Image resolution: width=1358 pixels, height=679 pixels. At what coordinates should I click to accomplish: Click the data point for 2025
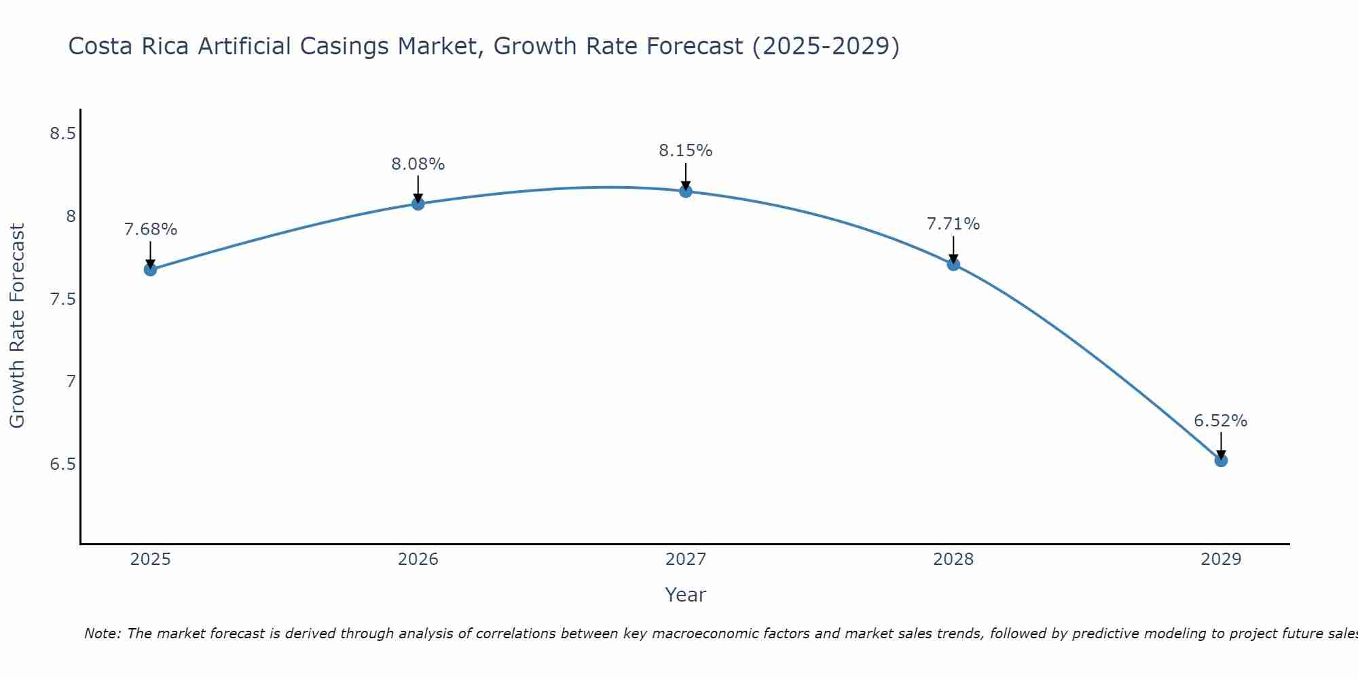coord(150,270)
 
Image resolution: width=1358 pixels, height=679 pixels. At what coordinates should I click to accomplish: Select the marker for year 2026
coord(418,204)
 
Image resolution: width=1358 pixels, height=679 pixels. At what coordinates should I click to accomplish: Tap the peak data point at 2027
coord(686,191)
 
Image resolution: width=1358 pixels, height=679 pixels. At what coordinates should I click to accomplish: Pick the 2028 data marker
coord(953,264)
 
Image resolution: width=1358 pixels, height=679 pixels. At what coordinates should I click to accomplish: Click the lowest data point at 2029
coord(1221,460)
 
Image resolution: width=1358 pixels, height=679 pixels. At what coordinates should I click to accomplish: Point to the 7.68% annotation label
coord(150,230)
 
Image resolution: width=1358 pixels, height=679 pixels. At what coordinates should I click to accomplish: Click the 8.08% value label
coord(418,164)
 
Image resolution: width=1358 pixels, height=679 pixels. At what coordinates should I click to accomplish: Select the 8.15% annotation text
coord(686,151)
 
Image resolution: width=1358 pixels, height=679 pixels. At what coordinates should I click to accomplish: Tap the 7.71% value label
coord(953,224)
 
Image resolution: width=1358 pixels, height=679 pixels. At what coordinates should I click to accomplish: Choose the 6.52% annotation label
coord(1221,421)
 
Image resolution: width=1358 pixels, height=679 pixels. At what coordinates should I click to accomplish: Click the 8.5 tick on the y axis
coord(62,134)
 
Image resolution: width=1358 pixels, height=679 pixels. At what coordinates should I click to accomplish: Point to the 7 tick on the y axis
coord(71,382)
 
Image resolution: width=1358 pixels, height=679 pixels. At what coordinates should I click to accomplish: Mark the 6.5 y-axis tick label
coord(62,464)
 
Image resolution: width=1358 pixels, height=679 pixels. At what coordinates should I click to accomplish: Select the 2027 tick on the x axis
coord(686,559)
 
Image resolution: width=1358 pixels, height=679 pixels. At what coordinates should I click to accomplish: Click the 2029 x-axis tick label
coord(1221,559)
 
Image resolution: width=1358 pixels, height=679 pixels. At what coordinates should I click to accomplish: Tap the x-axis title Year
coord(686,595)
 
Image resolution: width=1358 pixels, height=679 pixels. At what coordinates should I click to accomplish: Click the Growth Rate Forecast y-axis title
coord(17,326)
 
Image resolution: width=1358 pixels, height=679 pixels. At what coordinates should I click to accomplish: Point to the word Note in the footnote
coord(100,634)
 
